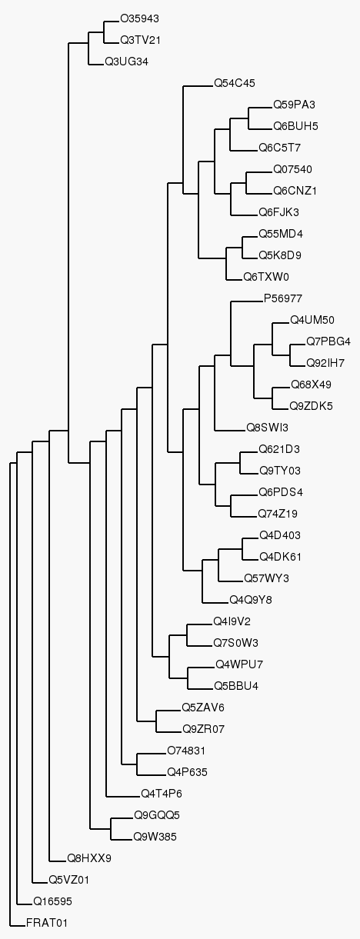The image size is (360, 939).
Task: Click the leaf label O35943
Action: point(139,19)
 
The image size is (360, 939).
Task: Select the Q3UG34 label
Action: point(127,62)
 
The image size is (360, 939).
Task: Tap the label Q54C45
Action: point(235,83)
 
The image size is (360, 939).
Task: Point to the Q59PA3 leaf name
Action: point(294,105)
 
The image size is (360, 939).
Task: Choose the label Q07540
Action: point(292,169)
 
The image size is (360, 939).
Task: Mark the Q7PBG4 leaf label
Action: point(328,341)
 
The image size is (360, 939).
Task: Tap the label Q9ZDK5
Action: point(311,406)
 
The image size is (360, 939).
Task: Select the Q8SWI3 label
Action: point(268,428)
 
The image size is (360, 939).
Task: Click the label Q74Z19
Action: point(278,514)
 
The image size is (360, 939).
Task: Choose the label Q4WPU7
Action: point(239,664)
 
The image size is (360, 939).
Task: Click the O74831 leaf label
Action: point(186,751)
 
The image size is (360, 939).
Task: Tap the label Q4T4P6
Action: point(162,794)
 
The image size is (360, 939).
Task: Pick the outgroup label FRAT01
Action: point(46,923)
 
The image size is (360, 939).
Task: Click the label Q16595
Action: point(53,901)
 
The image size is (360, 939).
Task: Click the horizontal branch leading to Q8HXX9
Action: point(58,858)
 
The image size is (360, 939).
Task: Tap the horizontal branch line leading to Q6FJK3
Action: point(245,215)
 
